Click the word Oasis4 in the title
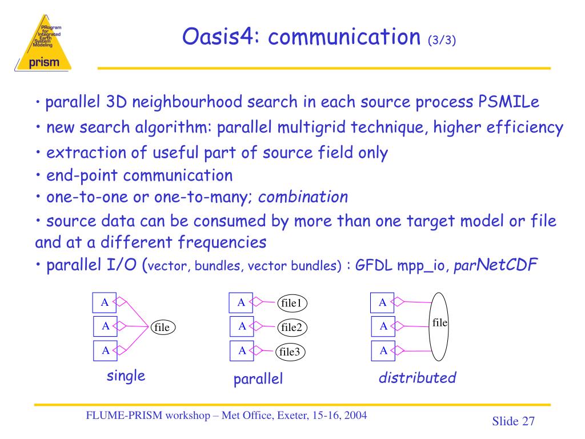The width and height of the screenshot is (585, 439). pyautogui.click(x=219, y=37)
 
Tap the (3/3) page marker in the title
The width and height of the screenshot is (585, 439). pyautogui.click(x=441, y=41)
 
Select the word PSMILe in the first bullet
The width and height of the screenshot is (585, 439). pyautogui.click(x=508, y=102)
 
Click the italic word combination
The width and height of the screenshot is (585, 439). pyautogui.click(x=303, y=197)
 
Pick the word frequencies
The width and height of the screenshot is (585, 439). pyautogui.click(x=222, y=242)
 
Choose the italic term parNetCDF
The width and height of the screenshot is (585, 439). pyautogui.click(x=495, y=266)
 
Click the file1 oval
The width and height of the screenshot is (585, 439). pyautogui.click(x=291, y=302)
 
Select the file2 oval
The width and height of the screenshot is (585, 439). pyautogui.click(x=291, y=327)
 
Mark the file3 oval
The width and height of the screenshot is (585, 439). pyautogui.click(x=290, y=352)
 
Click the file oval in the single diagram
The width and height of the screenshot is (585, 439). pyautogui.click(x=162, y=327)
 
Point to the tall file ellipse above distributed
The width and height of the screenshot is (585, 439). pyautogui.click(x=439, y=326)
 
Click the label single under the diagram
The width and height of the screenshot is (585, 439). pyautogui.click(x=126, y=376)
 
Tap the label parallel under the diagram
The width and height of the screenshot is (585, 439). pyautogui.click(x=258, y=380)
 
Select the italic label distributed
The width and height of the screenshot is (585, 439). pyautogui.click(x=418, y=378)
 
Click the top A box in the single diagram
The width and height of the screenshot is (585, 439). pyautogui.click(x=105, y=302)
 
